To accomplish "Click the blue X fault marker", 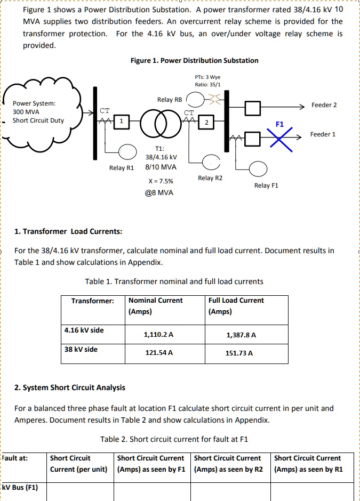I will click(x=281, y=140).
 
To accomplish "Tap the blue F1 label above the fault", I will click(x=280, y=124).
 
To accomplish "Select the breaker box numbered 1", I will click(x=122, y=122).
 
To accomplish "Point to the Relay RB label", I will click(x=170, y=100).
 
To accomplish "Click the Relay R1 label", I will click(x=121, y=168).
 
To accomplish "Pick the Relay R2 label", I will click(x=210, y=177).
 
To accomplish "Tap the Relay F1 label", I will click(x=266, y=185).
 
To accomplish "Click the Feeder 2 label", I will click(x=324, y=105).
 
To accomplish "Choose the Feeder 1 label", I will click(x=323, y=134).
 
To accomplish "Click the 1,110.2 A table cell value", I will click(x=159, y=335).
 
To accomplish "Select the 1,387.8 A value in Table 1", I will click(x=241, y=335).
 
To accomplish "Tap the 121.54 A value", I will click(x=159, y=353).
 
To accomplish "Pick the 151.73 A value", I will click(x=239, y=353).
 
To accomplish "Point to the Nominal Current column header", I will click(x=155, y=301).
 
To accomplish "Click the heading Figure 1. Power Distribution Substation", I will click(x=194, y=60).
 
